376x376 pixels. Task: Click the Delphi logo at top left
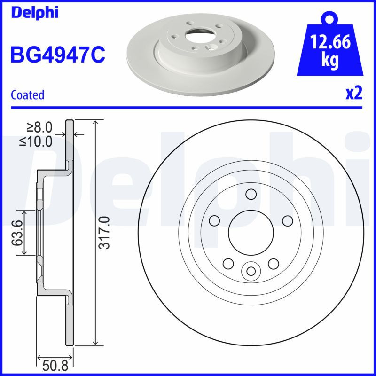click(x=34, y=13)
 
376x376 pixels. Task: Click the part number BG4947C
click(x=57, y=54)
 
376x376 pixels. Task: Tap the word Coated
click(x=27, y=94)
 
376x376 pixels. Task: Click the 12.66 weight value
click(x=330, y=43)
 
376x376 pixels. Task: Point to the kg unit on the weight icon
click(x=330, y=62)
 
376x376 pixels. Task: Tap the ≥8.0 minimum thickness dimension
click(x=39, y=127)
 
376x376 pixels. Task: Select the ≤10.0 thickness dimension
click(x=37, y=141)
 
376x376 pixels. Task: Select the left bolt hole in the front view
click(x=214, y=220)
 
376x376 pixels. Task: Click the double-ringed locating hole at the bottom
click(x=251, y=271)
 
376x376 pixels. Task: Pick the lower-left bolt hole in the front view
click(x=228, y=263)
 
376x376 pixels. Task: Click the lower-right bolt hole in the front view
click(x=274, y=263)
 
